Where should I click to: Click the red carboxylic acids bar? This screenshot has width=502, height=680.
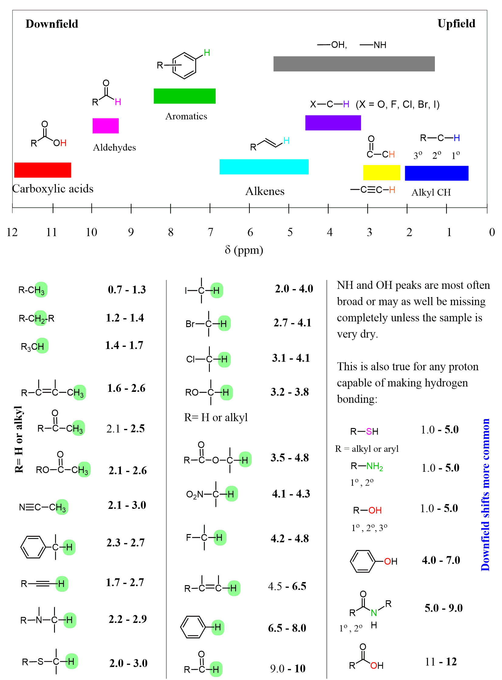pos(43,170)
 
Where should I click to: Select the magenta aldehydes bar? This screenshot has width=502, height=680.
pos(105,126)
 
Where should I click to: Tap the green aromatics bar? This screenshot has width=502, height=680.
pos(184,96)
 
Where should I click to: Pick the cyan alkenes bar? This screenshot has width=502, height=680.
pos(264,167)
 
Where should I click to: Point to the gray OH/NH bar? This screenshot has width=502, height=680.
pos(354,64)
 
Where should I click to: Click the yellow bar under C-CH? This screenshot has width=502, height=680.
pos(381,173)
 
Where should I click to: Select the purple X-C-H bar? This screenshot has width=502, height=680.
pos(333,123)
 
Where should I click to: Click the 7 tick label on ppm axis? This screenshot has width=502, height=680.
pos(210,232)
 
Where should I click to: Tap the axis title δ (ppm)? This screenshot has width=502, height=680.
pos(244,250)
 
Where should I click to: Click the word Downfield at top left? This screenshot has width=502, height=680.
pos(52,24)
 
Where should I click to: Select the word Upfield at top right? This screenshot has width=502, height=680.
pos(456,23)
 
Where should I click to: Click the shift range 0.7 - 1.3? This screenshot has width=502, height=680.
pos(127,289)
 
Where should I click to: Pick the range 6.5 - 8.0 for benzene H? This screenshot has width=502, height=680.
pos(287,628)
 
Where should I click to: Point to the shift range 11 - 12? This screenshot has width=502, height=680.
pos(441,662)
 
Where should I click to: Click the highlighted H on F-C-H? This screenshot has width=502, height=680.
pos(219,538)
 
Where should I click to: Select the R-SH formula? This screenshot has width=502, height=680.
pos(364,431)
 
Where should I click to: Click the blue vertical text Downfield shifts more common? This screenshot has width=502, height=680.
pos(485,495)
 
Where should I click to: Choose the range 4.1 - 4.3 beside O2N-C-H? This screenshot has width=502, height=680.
pos(291,494)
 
